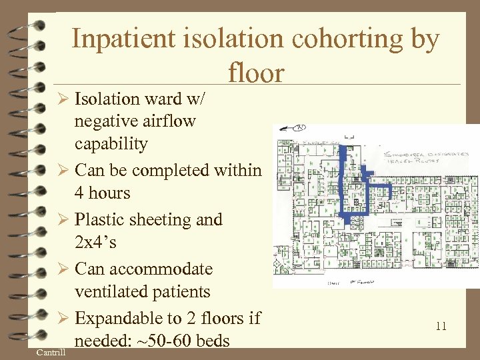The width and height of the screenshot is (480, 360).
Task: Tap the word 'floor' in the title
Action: [256, 73]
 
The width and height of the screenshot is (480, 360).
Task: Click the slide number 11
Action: [440, 326]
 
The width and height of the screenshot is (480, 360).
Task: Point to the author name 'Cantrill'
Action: [51, 351]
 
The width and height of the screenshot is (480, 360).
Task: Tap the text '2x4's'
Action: [96, 243]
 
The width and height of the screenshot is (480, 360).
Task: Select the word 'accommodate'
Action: [157, 269]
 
